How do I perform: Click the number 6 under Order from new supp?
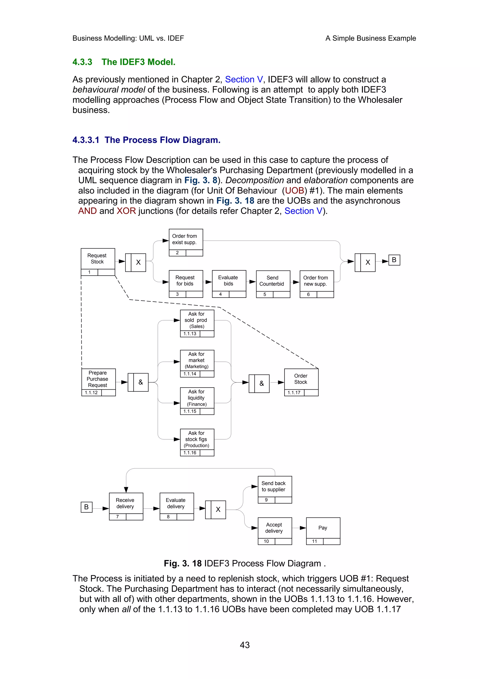[x=308, y=295]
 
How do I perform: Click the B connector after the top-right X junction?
[x=394, y=260]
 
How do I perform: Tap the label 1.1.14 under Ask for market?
[x=190, y=374]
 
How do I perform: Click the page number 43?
[x=245, y=645]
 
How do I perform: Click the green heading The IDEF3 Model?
[x=139, y=62]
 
